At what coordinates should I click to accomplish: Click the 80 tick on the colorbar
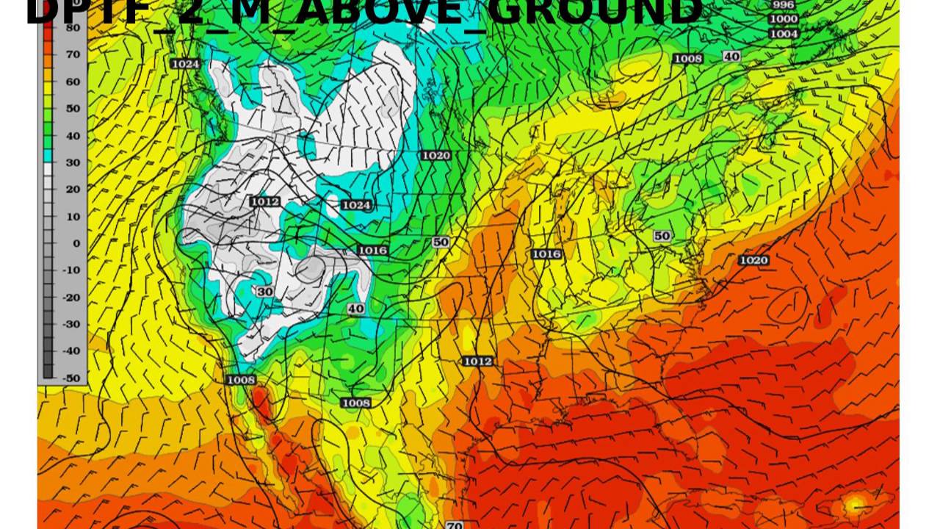[x=72, y=27]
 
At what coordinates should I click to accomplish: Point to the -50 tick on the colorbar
[x=72, y=378]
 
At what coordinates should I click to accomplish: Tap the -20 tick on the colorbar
[x=72, y=297]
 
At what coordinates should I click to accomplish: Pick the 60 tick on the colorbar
[x=72, y=82]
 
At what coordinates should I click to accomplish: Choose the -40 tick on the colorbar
[x=72, y=350]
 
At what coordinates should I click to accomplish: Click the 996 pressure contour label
[x=784, y=4]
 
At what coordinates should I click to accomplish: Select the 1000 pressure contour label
[x=784, y=19]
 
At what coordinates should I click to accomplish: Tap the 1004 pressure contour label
[x=784, y=34]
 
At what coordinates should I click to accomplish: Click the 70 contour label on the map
[x=454, y=525]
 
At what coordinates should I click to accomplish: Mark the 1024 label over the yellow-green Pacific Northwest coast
[x=185, y=64]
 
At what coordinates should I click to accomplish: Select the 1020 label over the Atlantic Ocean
[x=753, y=260]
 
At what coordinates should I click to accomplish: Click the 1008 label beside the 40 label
[x=688, y=58]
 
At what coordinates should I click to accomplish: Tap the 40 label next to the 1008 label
[x=731, y=57]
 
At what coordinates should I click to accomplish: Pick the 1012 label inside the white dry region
[x=264, y=201]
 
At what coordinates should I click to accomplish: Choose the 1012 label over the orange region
[x=477, y=361]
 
